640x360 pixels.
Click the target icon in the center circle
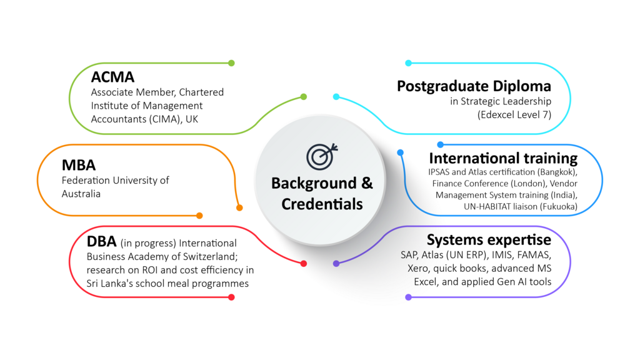pos(322,156)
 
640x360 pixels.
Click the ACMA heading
pos(112,77)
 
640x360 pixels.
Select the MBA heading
pos(79,165)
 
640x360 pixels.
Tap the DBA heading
pos(102,241)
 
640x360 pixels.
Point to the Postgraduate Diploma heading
pos(474,86)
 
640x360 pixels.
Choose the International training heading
pos(503,158)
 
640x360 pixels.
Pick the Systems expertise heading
pos(489,239)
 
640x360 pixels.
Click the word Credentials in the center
pos(322,204)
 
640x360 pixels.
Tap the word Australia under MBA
pos(81,194)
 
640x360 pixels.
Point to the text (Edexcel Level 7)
pos(514,115)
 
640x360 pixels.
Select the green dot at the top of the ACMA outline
pos(231,63)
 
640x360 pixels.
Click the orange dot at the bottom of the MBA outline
pos(199,216)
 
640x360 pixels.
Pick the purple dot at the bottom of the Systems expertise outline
pos(408,297)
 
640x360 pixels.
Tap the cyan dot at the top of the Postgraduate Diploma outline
pos(408,63)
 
